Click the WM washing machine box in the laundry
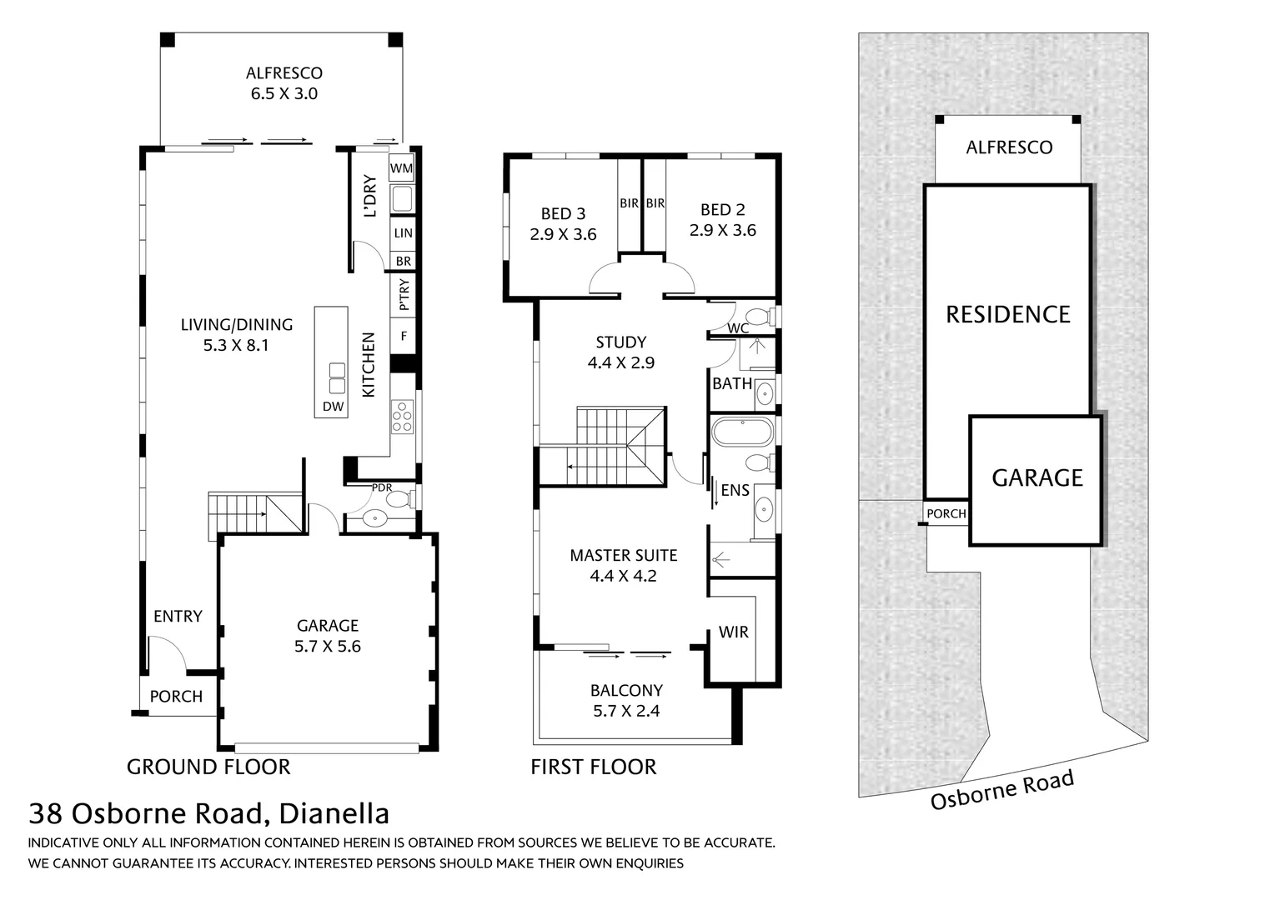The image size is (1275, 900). [402, 168]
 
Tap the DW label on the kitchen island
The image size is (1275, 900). [333, 407]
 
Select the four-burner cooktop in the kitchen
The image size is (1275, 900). [402, 416]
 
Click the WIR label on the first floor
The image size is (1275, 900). [733, 632]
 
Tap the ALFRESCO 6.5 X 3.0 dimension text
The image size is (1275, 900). [284, 93]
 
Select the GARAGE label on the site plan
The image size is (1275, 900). [1037, 478]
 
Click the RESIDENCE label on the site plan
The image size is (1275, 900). [1007, 315]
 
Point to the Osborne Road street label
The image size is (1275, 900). [1002, 790]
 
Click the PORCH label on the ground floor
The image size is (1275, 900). [176, 697]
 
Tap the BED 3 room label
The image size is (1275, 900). [563, 214]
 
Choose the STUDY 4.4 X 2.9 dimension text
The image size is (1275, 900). [621, 362]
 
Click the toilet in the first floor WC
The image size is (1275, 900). [758, 317]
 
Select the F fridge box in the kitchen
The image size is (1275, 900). [404, 337]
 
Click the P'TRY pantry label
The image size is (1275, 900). [404, 295]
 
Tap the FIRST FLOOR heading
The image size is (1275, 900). [593, 767]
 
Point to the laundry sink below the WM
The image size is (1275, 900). [402, 200]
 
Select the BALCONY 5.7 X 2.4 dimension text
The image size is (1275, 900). [626, 711]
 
